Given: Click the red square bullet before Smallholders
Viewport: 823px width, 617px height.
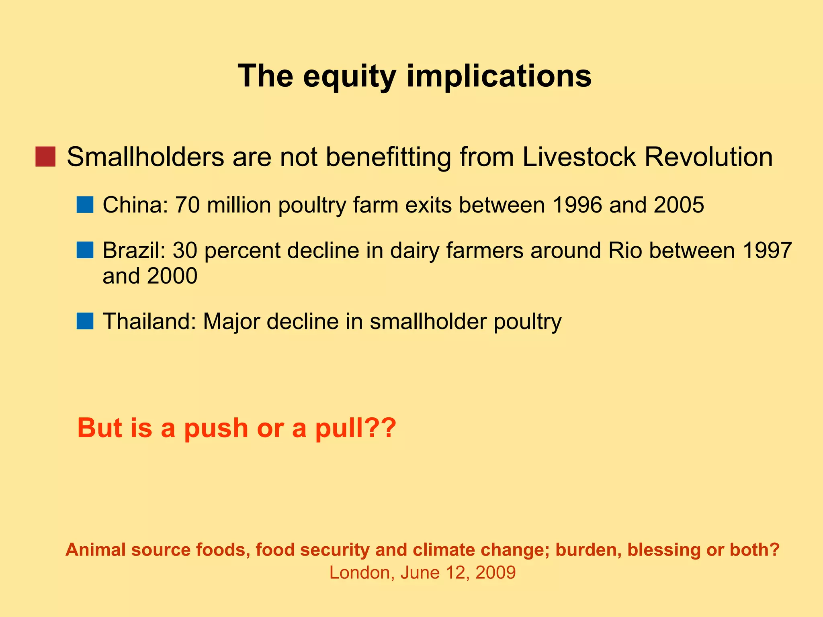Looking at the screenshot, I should [45, 157].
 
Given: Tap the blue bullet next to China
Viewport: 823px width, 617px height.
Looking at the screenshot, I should [85, 204].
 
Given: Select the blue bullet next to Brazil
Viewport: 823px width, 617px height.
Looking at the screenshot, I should [85, 250].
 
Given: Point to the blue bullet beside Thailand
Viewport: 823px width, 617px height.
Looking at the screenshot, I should [85, 321].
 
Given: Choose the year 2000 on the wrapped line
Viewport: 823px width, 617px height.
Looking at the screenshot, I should [172, 276].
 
